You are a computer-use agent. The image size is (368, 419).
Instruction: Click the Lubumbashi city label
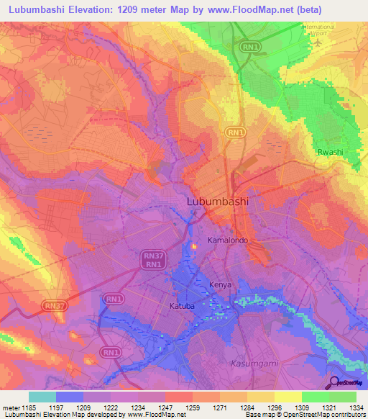click(217, 202)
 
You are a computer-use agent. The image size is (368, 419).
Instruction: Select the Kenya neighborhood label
click(220, 285)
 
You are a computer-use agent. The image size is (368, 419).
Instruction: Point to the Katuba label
click(182, 306)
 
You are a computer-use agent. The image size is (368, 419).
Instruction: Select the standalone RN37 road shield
click(55, 305)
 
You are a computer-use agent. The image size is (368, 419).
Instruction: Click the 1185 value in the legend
click(29, 407)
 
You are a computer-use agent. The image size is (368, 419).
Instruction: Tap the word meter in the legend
click(11, 407)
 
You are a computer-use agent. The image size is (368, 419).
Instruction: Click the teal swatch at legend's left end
click(42, 397)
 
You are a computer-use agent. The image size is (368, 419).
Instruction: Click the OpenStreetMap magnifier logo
click(333, 382)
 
